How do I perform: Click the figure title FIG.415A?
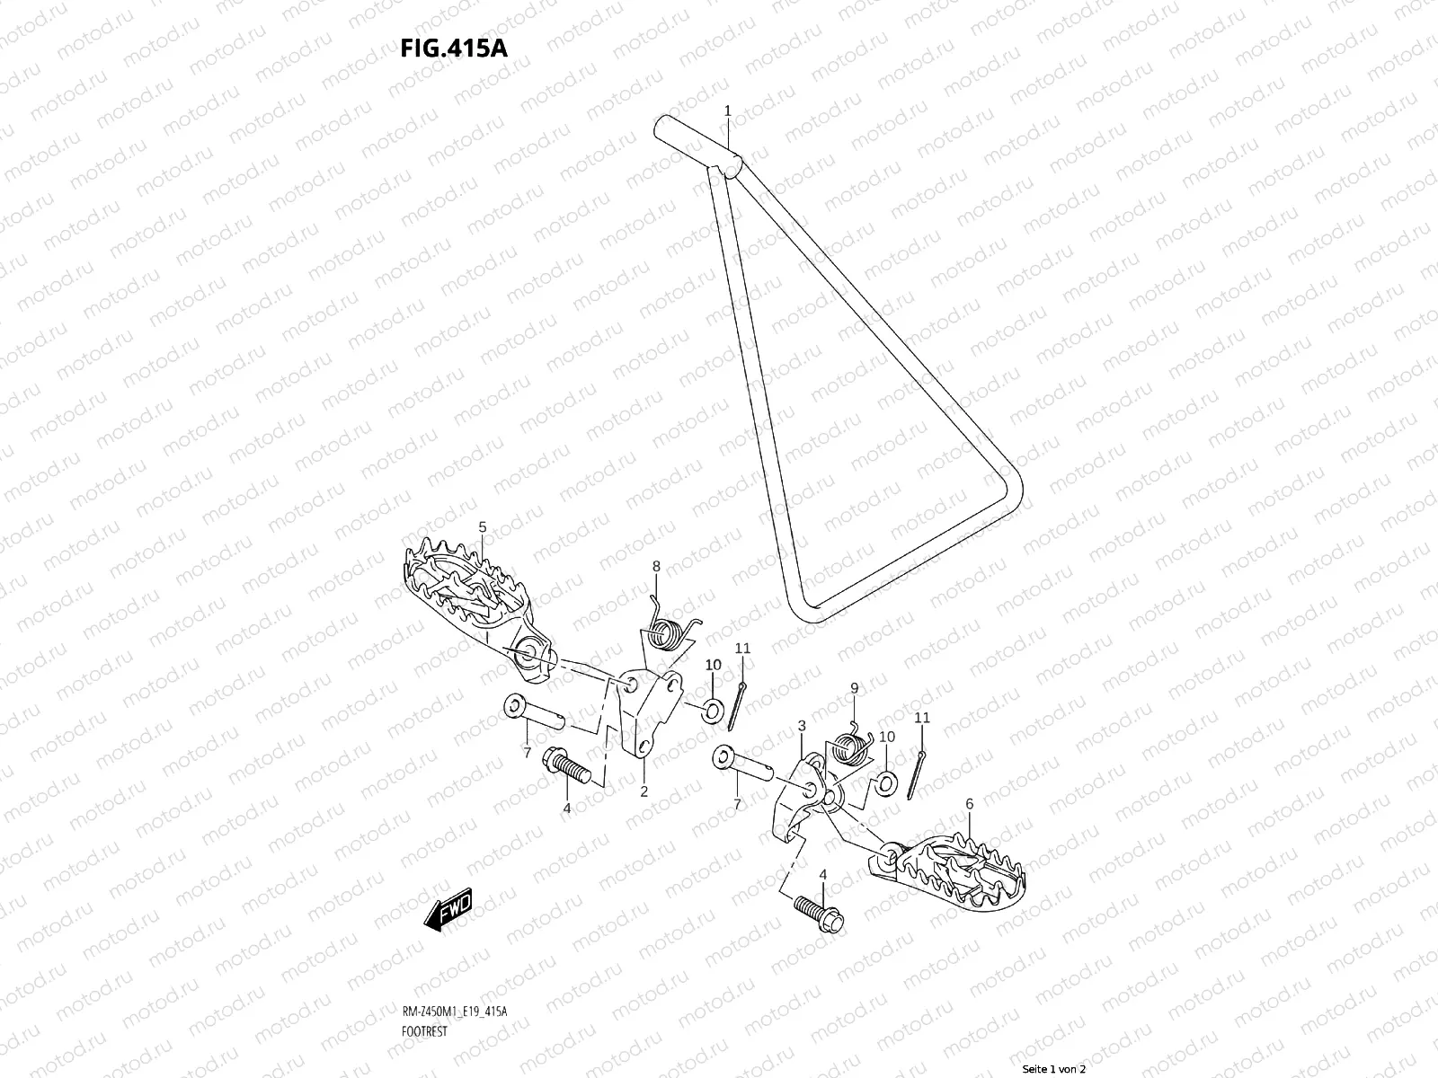pyautogui.click(x=454, y=48)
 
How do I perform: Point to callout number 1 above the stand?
pyautogui.click(x=728, y=110)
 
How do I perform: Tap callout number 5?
pyautogui.click(x=482, y=526)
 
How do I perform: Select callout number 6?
pyautogui.click(x=969, y=804)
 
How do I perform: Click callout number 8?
pyautogui.click(x=656, y=566)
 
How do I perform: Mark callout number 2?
pyautogui.click(x=644, y=791)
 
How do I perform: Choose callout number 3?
pyautogui.click(x=801, y=725)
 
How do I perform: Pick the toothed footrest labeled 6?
pyautogui.click(x=953, y=867)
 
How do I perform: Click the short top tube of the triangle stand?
pyautogui.click(x=699, y=145)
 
